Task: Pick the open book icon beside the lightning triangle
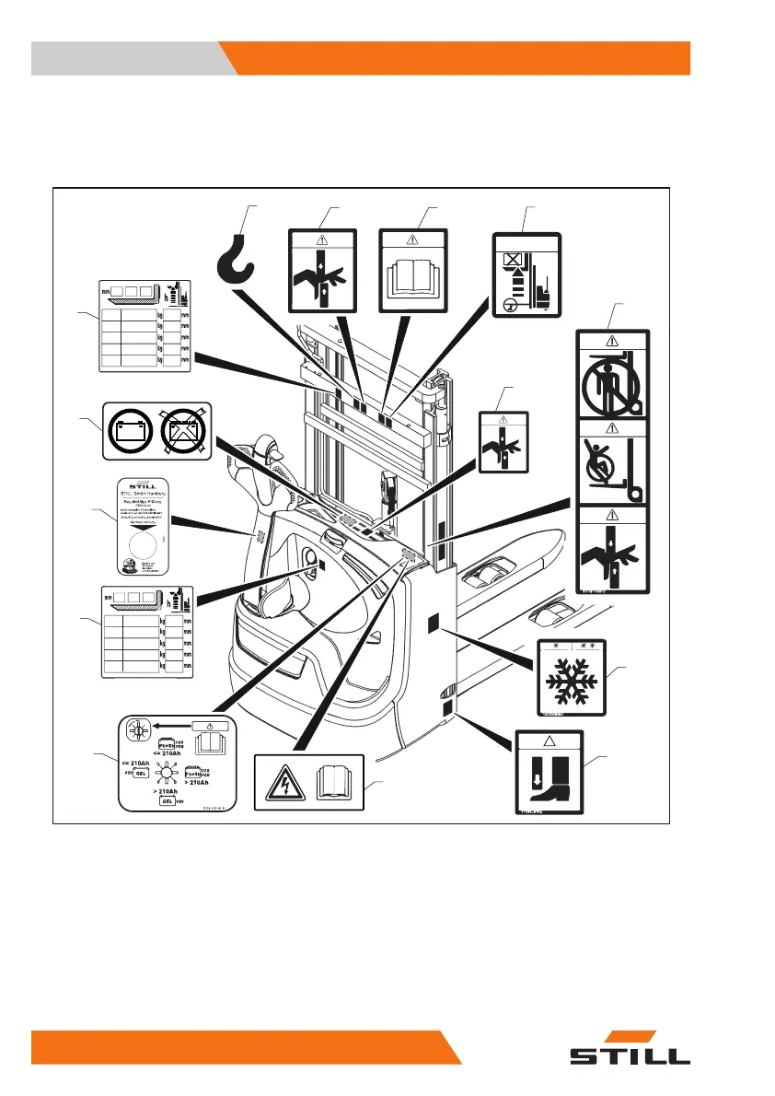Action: click(x=336, y=782)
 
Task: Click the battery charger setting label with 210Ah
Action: click(x=177, y=764)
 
